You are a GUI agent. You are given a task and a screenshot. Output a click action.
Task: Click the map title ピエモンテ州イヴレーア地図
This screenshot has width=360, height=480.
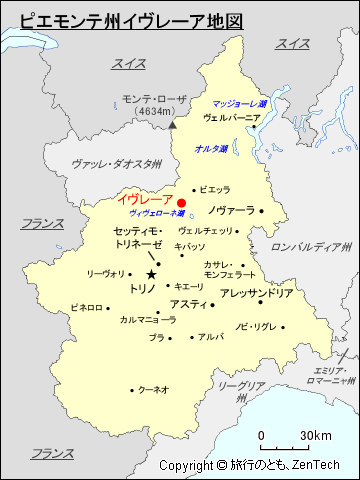click(x=131, y=20)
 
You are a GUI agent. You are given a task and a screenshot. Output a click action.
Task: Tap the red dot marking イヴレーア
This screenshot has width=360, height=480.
click(x=181, y=203)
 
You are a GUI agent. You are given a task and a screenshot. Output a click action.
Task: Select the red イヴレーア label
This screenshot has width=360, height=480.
click(x=144, y=200)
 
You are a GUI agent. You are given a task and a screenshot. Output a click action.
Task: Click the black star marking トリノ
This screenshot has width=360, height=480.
click(x=151, y=274)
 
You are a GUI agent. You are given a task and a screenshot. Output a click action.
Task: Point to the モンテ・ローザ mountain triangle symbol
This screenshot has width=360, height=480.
click(x=172, y=125)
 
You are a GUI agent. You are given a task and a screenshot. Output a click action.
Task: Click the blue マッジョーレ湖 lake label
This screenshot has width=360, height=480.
click(x=239, y=103)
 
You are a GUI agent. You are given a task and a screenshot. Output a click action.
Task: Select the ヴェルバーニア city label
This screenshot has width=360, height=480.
click(x=231, y=117)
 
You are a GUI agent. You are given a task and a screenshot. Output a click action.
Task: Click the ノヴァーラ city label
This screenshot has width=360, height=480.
click(x=231, y=211)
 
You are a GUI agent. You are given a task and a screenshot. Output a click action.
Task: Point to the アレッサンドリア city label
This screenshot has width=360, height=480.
click(x=256, y=293)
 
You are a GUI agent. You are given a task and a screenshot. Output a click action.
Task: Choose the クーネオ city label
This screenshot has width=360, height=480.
click(x=152, y=389)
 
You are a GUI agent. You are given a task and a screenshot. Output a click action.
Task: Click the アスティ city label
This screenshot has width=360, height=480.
click(x=187, y=304)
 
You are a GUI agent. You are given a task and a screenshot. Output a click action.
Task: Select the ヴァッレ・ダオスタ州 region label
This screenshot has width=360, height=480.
click(x=117, y=163)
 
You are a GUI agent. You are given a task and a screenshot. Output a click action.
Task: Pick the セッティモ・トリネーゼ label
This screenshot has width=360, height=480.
click(x=139, y=237)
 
